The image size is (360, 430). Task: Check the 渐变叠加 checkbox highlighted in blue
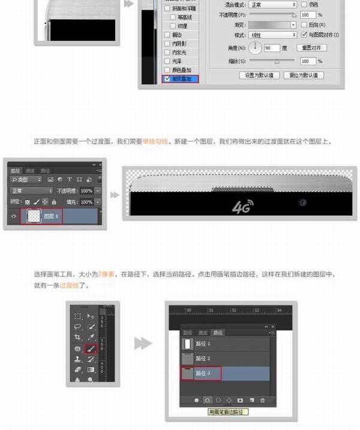click(x=166, y=79)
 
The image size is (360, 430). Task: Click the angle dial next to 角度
click(x=255, y=47)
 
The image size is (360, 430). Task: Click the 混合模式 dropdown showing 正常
click(x=272, y=4)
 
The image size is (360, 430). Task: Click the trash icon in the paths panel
click(x=262, y=399)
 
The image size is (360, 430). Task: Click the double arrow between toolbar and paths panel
click(x=142, y=344)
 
